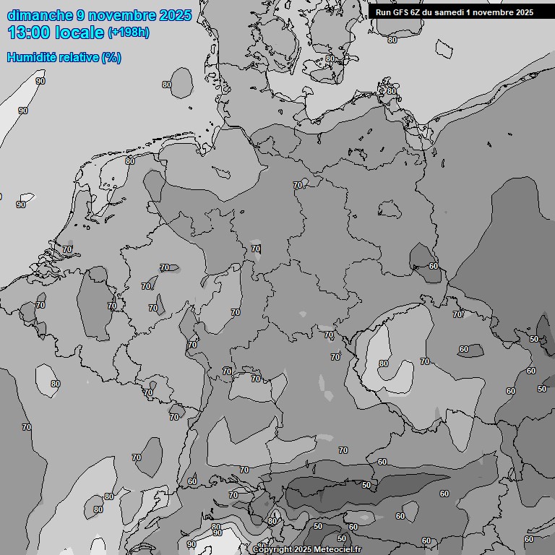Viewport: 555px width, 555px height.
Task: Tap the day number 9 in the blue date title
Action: coord(81,15)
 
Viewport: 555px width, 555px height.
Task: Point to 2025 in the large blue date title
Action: coord(176,15)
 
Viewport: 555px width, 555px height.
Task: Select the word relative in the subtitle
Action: coord(78,57)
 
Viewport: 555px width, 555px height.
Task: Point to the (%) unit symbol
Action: coord(111,57)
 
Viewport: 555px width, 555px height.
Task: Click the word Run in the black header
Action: coord(384,12)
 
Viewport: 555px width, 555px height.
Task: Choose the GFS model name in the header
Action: coord(403,12)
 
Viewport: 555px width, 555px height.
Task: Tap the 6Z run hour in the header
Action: coord(421,12)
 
